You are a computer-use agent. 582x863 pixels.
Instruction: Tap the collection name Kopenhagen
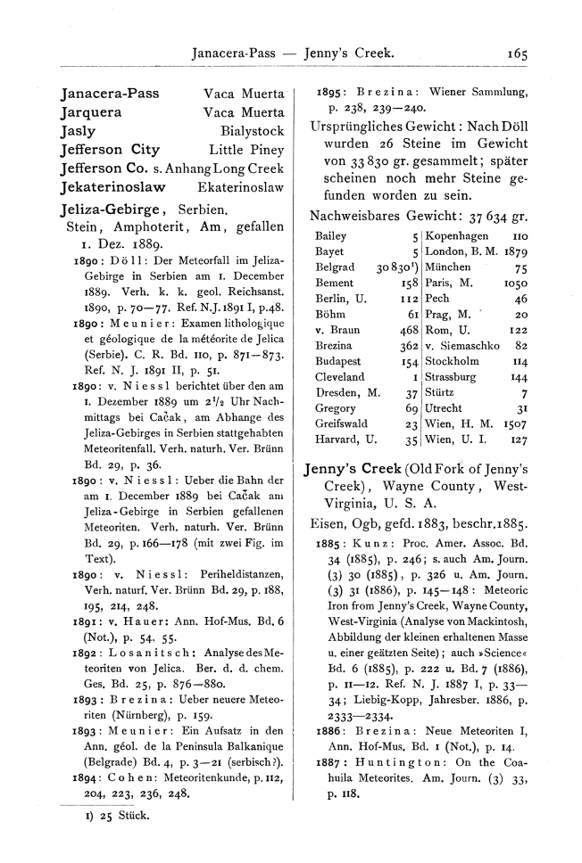457,235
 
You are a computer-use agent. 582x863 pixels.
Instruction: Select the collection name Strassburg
455,377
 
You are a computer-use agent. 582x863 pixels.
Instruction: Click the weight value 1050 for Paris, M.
516,283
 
